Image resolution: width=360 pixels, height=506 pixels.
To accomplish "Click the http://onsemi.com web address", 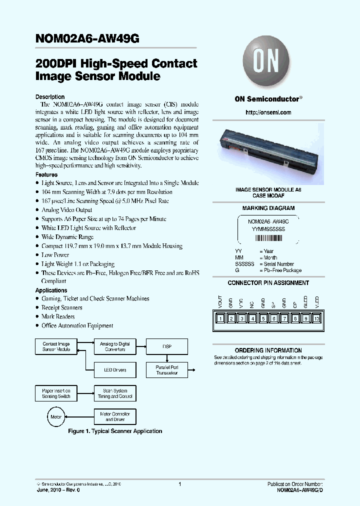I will (x=268, y=112).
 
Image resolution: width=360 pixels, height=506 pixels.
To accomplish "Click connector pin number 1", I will (x=220, y=318).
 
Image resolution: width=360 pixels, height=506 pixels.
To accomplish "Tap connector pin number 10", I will (x=316, y=318).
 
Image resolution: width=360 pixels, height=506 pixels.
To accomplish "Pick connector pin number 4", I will (x=252, y=318).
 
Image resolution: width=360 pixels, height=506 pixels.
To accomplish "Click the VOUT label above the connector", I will (x=220, y=302).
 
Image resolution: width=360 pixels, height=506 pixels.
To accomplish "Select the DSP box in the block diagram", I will (x=166, y=346).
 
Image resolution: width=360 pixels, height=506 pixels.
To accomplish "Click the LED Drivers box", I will (x=115, y=370).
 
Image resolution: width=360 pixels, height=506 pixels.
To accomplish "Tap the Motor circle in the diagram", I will (x=56, y=416).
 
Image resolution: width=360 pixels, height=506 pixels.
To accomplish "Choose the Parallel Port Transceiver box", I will (x=166, y=370).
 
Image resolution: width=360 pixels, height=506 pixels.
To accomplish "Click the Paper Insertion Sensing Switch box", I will (x=56, y=393).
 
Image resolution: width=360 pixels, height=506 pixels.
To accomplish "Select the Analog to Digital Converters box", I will (x=115, y=346).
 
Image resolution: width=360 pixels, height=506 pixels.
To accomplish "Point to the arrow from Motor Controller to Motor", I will (x=80, y=416).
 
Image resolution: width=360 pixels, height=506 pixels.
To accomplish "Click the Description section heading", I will (x=50, y=97).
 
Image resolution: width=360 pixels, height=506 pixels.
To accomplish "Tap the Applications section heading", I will (x=51, y=290).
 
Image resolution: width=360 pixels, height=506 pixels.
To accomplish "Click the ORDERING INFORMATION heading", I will (x=268, y=350).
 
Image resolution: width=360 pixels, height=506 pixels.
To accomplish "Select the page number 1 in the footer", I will (x=179, y=484).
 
